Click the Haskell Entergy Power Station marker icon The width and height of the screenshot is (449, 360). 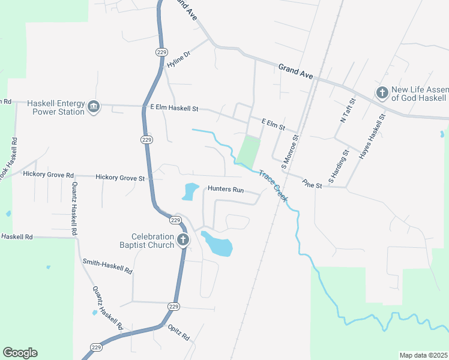click(x=93, y=107)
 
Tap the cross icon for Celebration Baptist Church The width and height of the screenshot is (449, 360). click(x=183, y=241)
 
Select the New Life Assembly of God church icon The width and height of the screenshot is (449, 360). click(x=382, y=93)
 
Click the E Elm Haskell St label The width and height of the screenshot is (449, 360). click(x=174, y=109)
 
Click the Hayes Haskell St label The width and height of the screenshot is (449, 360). click(x=371, y=137)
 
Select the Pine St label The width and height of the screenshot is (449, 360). click(x=312, y=184)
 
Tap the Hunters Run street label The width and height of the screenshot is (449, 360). click(x=226, y=189)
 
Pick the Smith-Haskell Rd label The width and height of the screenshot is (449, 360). click(x=107, y=267)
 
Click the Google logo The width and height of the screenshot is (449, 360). click(x=20, y=353)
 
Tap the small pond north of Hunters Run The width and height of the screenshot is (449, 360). click(x=190, y=192)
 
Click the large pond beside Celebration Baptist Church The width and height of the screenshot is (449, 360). click(x=217, y=244)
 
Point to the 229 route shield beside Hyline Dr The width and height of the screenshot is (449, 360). click(x=161, y=52)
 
